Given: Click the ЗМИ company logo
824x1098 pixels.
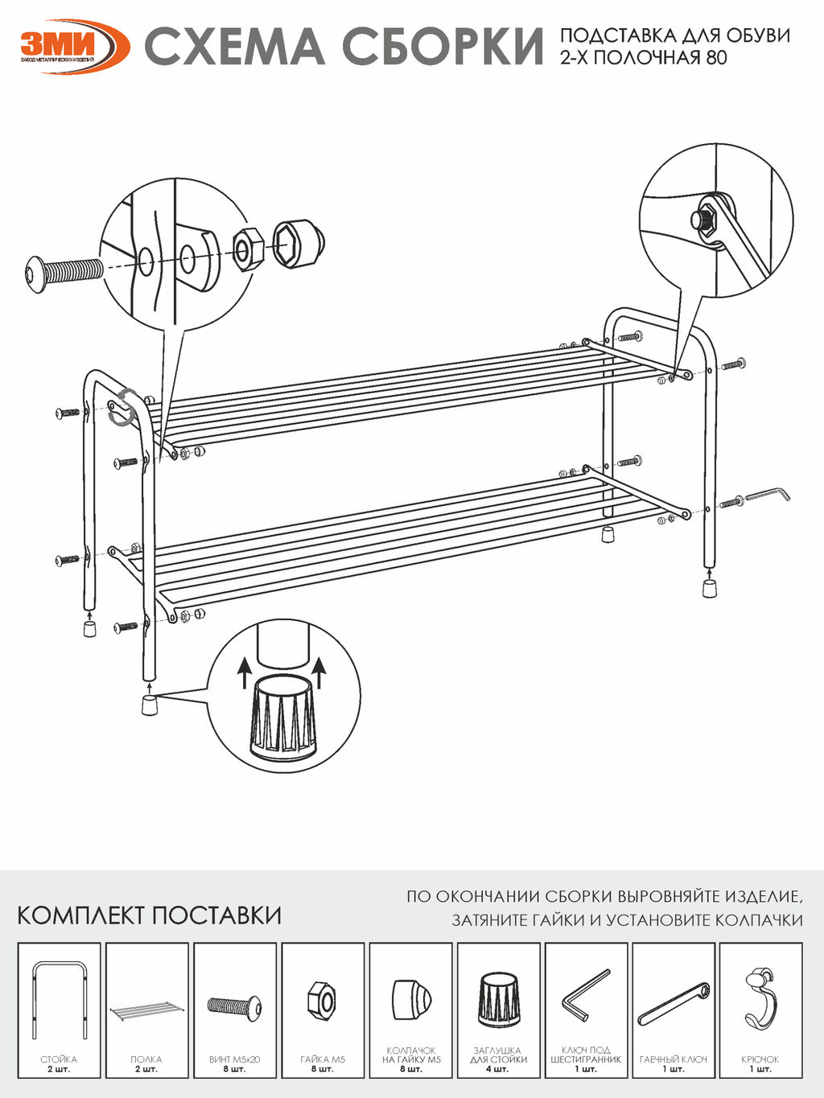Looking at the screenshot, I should click(x=72, y=45).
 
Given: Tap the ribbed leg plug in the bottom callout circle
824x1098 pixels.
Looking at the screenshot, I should click(x=282, y=718).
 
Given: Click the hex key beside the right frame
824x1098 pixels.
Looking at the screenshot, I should click(x=768, y=494).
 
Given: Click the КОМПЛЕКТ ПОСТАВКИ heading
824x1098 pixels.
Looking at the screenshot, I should click(x=149, y=915).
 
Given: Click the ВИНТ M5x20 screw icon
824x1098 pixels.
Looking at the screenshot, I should click(x=234, y=1005).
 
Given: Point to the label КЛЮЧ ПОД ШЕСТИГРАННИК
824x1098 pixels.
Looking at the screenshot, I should click(x=586, y=1055).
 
